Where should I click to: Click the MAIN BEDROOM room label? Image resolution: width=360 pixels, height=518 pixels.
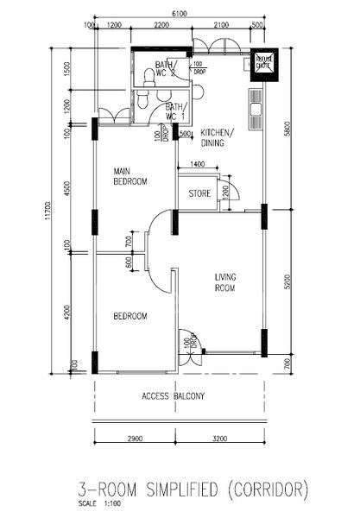[130, 176]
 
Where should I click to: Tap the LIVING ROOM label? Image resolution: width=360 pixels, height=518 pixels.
[224, 282]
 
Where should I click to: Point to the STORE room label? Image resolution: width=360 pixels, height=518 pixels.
[199, 194]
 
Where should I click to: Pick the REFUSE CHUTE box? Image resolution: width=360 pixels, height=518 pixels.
[262, 63]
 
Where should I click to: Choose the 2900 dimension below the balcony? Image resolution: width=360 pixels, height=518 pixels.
[134, 440]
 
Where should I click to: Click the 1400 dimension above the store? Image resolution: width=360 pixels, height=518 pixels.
[197, 163]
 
